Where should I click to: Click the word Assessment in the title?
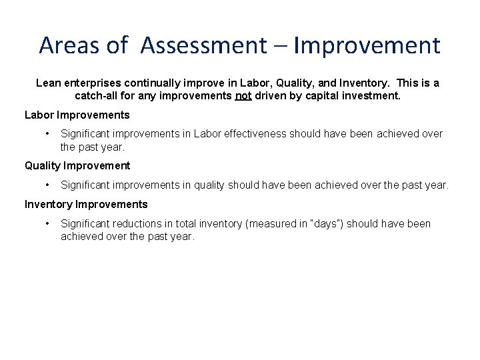point(203,45)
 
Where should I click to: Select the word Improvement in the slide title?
point(367,45)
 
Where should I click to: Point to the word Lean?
point(48,83)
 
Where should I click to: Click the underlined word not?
point(243,95)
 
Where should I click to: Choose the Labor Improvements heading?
point(77,115)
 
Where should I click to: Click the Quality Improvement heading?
point(77,165)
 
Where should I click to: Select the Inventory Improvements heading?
point(86,204)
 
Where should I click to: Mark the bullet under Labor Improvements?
point(47,133)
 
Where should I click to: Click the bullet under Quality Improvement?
point(47,185)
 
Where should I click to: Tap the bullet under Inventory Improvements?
point(47,223)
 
